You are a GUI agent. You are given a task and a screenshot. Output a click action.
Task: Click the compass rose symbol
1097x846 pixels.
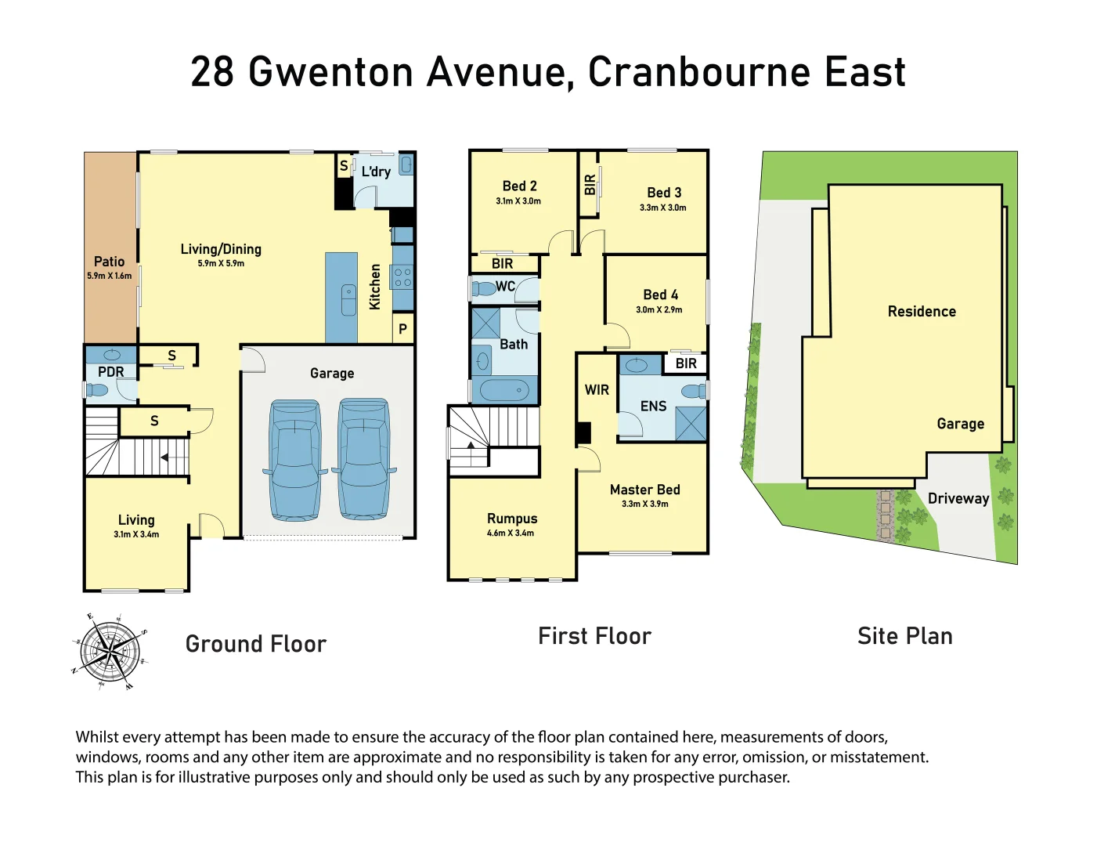tap(110, 650)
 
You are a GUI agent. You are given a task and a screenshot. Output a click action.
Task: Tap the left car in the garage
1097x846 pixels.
tap(295, 460)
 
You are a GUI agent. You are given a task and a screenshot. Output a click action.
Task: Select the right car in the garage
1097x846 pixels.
tap(364, 460)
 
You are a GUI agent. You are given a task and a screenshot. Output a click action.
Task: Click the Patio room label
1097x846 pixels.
tap(109, 262)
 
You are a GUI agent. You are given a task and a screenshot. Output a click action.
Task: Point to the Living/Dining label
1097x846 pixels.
tap(221, 249)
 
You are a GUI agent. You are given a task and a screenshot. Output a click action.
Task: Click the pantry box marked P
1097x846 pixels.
tap(402, 329)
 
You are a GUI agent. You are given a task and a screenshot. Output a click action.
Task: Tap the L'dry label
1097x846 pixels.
tap(376, 172)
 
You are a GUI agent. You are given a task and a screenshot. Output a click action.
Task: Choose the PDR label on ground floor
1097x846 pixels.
tap(110, 372)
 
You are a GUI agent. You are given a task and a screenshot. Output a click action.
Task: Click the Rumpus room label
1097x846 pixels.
tap(512, 519)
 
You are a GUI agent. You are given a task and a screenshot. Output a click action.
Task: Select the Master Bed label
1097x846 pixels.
tap(644, 490)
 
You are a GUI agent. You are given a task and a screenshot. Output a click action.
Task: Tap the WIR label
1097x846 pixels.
tap(597, 389)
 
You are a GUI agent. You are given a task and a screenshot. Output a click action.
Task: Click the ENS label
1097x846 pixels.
tap(653, 406)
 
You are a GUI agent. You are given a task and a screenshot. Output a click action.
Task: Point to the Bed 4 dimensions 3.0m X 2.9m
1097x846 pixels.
tap(659, 310)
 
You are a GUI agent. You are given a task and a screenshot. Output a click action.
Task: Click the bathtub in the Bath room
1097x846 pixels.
tap(503, 389)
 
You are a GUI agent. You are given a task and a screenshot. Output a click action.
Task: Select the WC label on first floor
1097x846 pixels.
tap(505, 286)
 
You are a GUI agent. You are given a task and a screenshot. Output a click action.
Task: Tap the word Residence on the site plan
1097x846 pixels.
tap(922, 311)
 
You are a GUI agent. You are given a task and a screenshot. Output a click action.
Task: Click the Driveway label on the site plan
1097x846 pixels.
tap(958, 498)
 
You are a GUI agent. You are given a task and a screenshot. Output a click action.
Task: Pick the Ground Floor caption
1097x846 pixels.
tap(256, 644)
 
